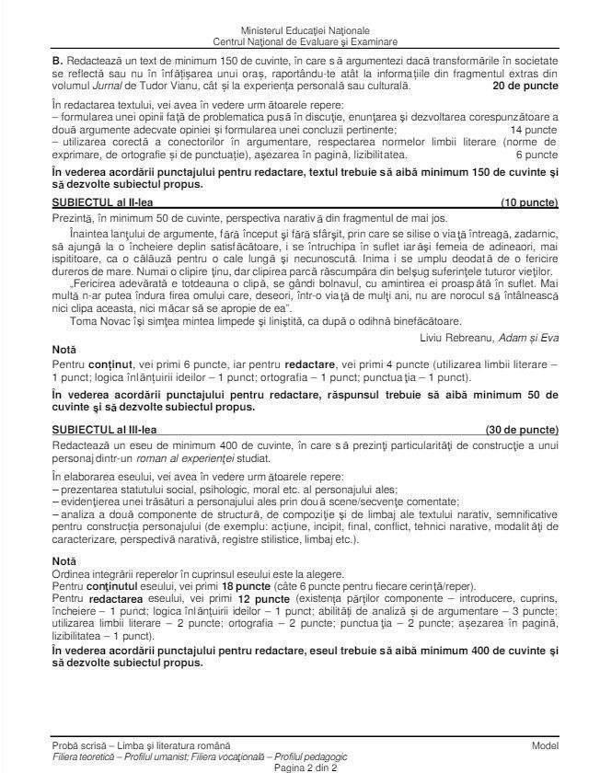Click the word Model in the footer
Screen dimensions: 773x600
[545, 745]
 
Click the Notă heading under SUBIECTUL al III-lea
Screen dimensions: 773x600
[63, 560]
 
